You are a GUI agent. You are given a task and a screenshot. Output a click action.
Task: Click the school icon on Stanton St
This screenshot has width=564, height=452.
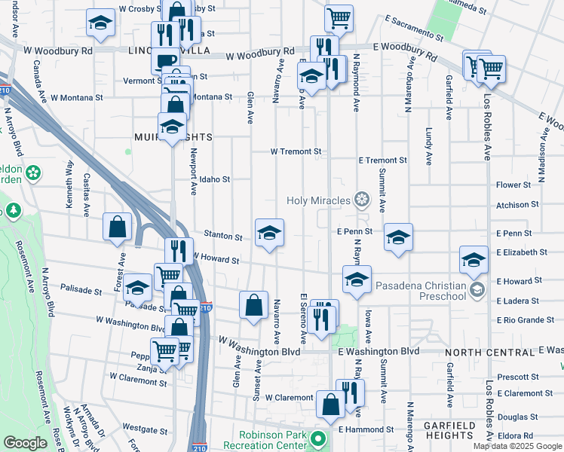[269, 233]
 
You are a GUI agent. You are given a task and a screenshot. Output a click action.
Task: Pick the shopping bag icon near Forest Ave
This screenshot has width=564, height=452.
[118, 227]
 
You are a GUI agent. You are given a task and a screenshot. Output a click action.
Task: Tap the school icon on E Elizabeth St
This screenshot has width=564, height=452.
[473, 261]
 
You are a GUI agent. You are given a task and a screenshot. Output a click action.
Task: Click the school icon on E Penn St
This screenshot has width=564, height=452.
[398, 237]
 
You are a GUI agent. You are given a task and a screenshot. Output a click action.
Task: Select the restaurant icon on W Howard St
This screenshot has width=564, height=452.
[179, 251]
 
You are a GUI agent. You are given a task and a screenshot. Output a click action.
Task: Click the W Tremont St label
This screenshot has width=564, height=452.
[296, 151]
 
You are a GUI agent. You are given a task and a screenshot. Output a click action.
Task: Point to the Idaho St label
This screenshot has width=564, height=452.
[215, 179]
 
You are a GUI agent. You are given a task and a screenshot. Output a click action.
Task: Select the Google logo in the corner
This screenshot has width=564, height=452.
[26, 443]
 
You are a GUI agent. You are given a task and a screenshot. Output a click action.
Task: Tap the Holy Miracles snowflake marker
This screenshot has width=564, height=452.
[363, 200]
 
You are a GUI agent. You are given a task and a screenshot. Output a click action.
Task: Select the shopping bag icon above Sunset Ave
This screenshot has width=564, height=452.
[254, 305]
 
